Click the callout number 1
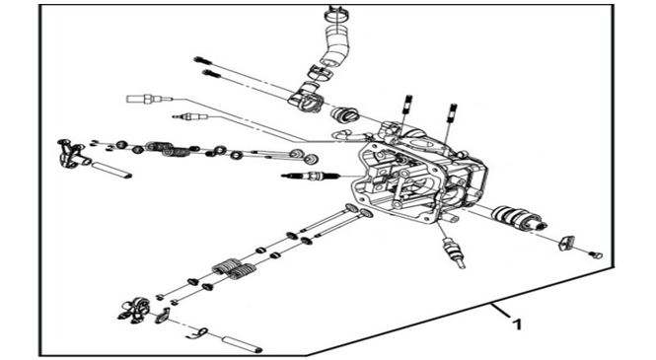tap(518, 324)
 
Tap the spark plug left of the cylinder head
tap(310, 176)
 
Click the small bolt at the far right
tap(596, 254)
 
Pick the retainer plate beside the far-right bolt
tap(566, 243)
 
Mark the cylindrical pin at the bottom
tap(242, 343)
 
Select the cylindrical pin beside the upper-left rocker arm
tap(111, 170)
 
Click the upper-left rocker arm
tap(72, 154)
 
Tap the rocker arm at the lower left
tap(135, 311)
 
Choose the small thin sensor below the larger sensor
tap(190, 116)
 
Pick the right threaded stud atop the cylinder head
tap(452, 112)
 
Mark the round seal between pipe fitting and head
tap(344, 114)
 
